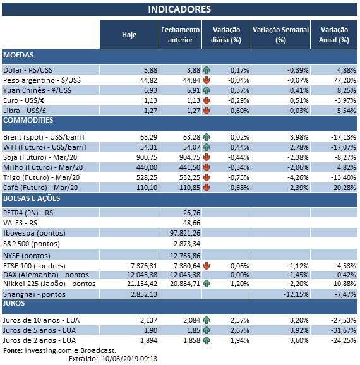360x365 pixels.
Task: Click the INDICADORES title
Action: click(x=179, y=9)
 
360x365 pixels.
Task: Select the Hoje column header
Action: click(x=128, y=35)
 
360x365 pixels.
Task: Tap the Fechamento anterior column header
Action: click(x=180, y=35)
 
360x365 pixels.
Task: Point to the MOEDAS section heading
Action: click(x=19, y=55)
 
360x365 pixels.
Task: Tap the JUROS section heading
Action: click(x=16, y=303)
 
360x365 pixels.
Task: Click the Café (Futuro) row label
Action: click(x=40, y=188)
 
